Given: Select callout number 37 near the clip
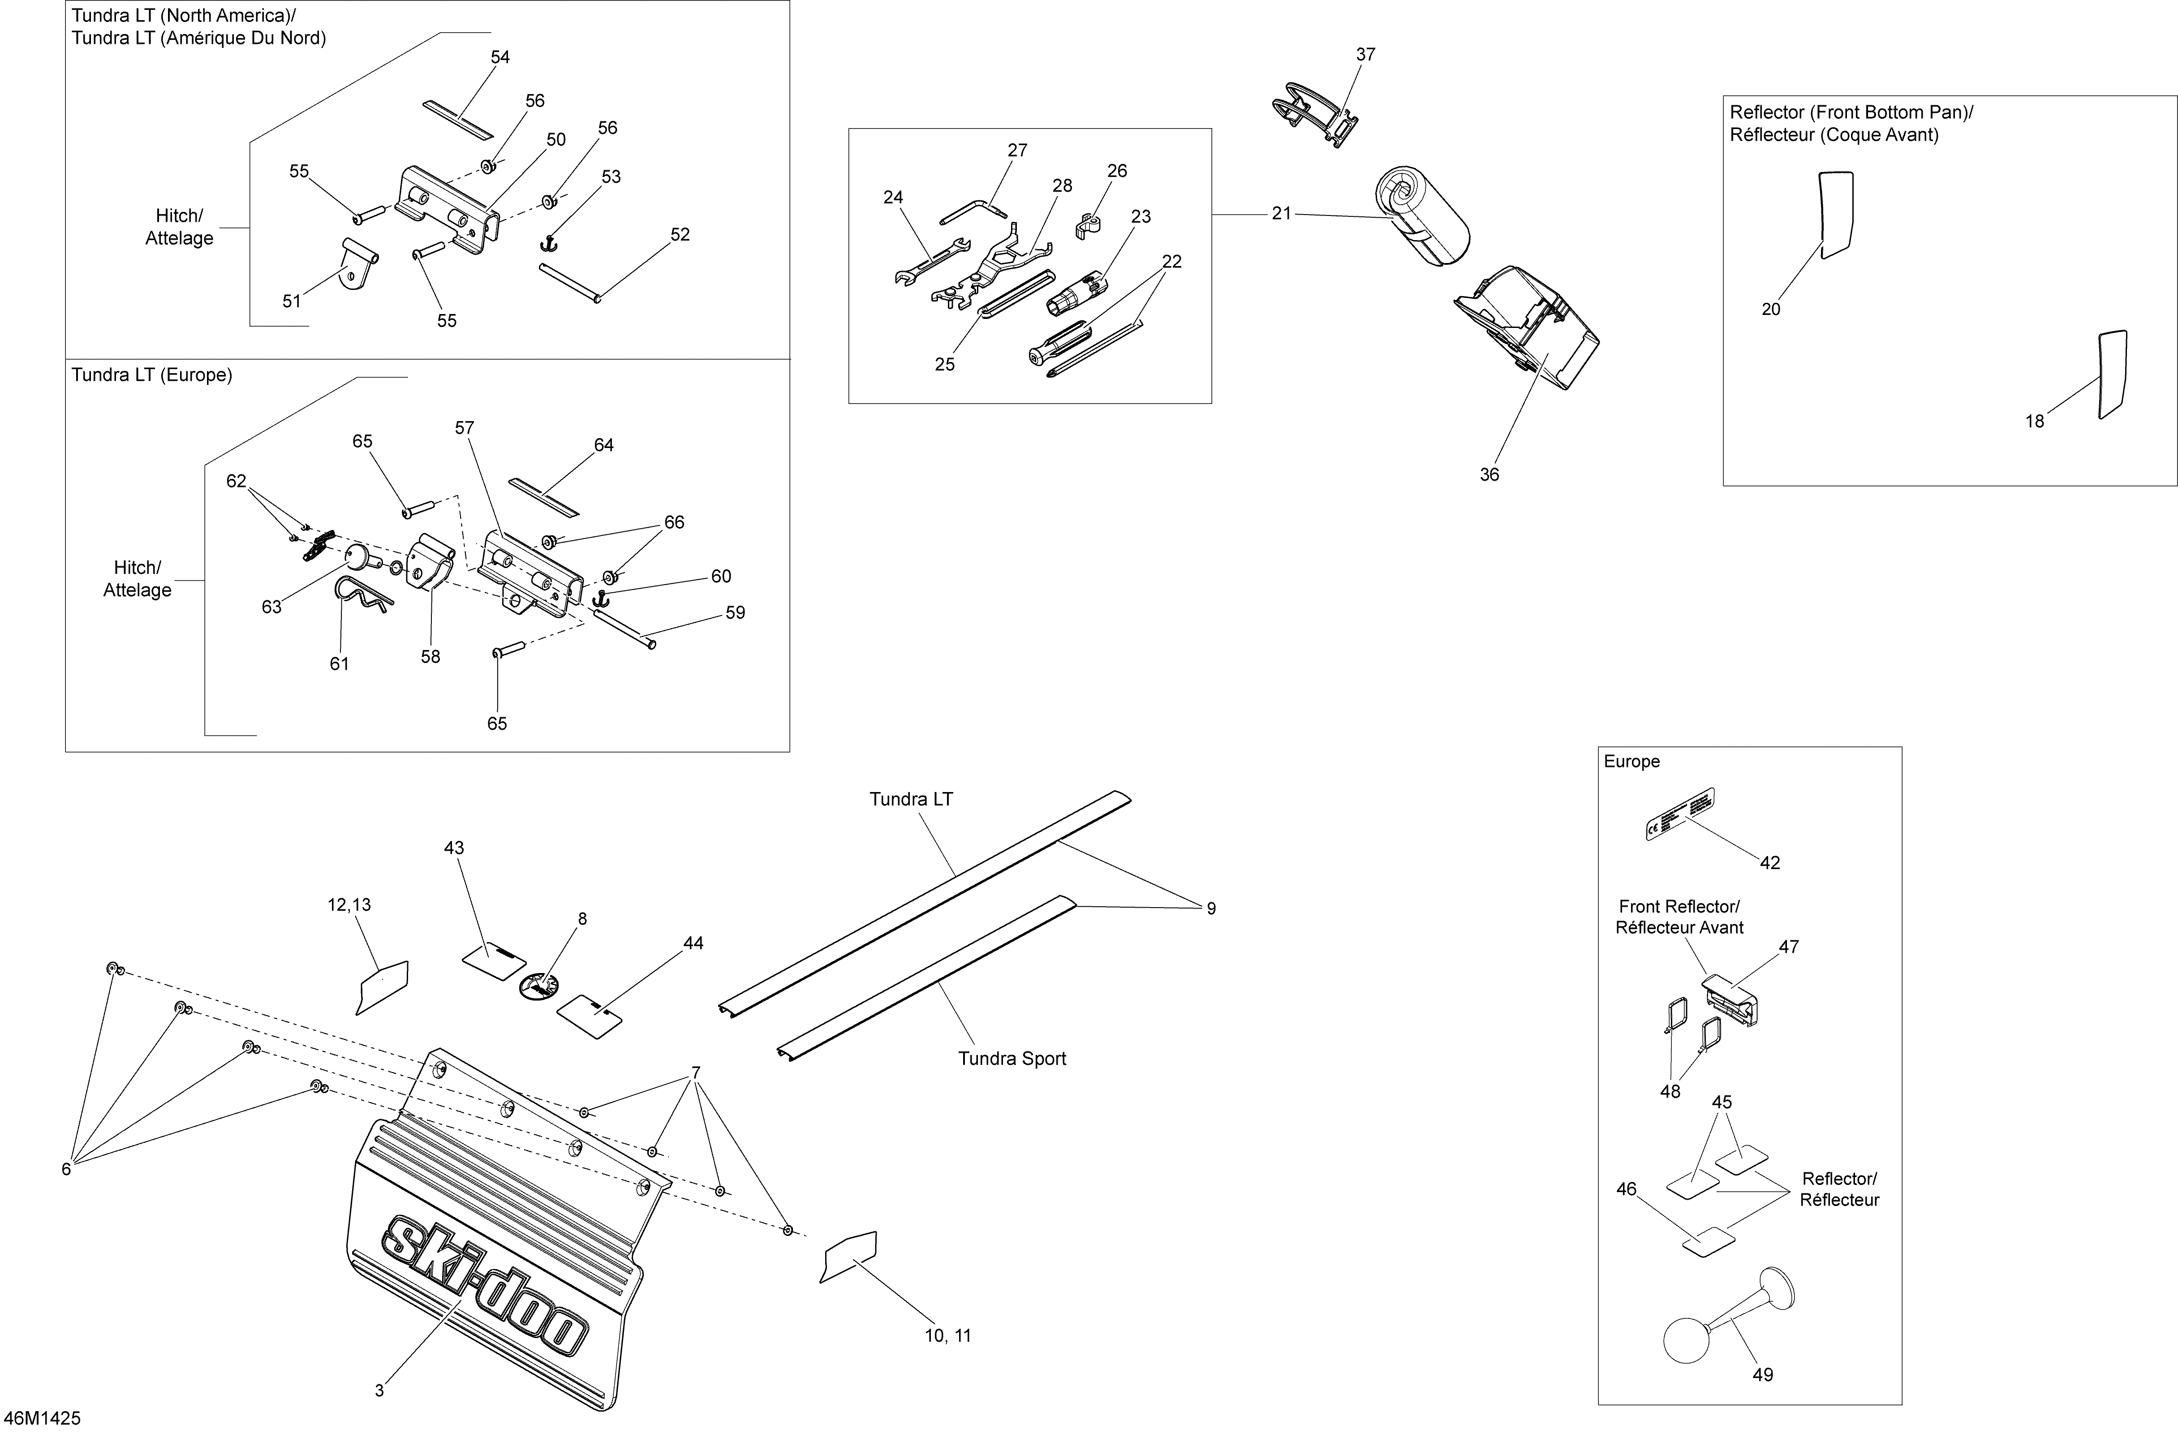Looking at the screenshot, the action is click(1365, 55).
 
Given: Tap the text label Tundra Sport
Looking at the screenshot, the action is click(1012, 1059).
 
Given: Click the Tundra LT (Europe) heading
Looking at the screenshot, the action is click(152, 375).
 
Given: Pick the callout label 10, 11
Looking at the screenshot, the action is click(948, 1336).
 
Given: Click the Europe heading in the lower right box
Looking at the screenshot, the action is click(1631, 762).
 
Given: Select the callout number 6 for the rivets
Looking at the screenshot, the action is click(66, 1170).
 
